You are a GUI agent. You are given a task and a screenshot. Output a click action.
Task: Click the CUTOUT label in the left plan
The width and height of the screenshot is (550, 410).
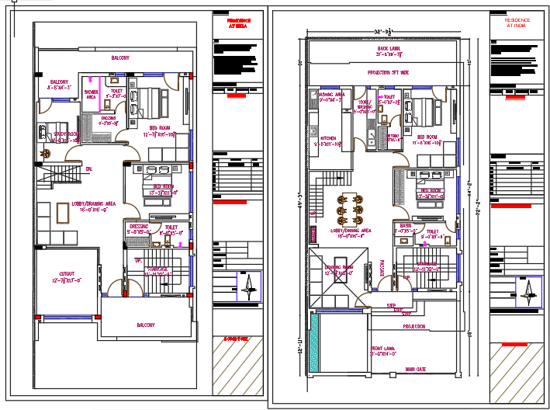point(67,273)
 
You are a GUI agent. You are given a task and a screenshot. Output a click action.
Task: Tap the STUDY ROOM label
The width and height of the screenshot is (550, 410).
point(65,134)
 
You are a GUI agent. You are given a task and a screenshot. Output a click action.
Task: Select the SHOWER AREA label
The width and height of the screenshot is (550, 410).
point(91,94)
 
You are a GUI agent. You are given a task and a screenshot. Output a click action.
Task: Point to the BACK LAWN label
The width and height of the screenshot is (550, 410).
point(389,48)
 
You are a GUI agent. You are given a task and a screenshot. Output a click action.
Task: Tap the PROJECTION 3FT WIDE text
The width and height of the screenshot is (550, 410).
point(388,71)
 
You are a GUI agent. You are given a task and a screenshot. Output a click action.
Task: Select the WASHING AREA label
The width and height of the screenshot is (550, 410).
point(330,93)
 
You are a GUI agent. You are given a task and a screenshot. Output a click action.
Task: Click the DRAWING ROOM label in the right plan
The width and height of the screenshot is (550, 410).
point(339,269)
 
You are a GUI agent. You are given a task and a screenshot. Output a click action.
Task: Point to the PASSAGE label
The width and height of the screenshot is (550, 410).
point(382,266)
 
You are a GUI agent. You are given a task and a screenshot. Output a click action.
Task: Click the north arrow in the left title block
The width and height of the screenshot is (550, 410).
point(248,287)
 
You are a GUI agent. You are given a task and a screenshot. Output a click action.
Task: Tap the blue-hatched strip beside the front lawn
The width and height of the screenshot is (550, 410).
point(313,342)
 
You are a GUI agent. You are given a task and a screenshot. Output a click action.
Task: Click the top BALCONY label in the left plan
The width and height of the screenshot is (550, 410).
point(120,58)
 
